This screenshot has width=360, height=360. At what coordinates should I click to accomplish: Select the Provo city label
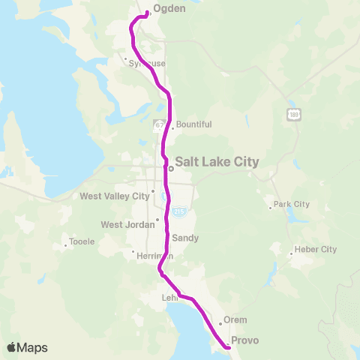click(x=244, y=340)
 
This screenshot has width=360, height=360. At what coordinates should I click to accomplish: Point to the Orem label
click(x=235, y=319)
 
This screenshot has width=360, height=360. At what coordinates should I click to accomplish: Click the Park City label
click(x=292, y=204)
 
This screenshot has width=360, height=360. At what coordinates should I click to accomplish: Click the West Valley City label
click(x=115, y=196)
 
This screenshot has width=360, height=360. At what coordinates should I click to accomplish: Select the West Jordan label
click(x=126, y=224)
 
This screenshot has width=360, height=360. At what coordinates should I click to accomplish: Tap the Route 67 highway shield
click(x=159, y=124)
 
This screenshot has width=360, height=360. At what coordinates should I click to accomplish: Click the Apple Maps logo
click(x=27, y=347)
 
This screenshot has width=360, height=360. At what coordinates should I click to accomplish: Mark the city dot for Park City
click(x=271, y=208)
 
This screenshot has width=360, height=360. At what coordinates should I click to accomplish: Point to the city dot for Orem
click(x=220, y=323)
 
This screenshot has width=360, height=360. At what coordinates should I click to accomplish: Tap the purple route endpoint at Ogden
click(x=147, y=13)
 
